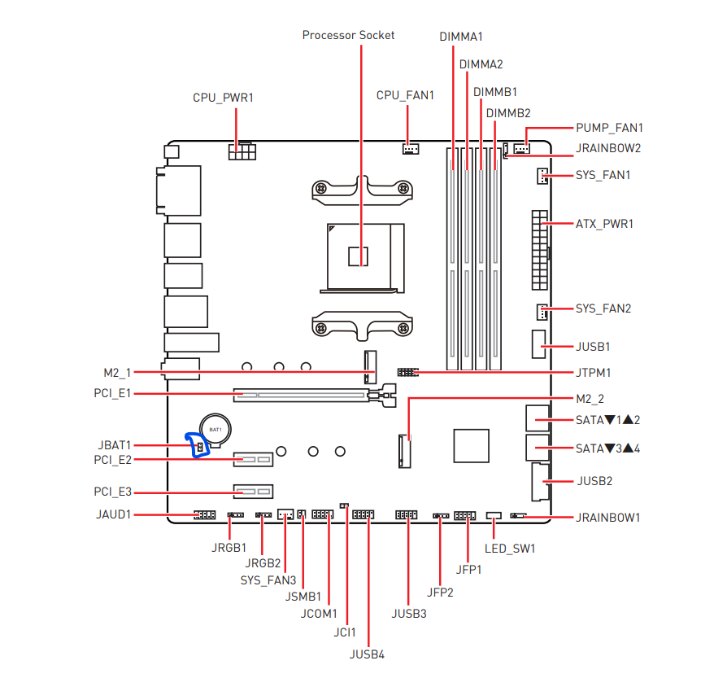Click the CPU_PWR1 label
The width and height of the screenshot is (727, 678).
pos(223,98)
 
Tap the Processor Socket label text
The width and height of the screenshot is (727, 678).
pos(348,35)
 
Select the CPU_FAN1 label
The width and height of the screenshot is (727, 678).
pos(405,95)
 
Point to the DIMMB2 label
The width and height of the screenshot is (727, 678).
pos(508,112)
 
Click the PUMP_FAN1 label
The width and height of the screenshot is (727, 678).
pos(609,128)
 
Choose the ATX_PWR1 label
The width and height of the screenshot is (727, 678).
pos(604,223)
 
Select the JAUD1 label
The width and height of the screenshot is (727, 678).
pos(115,515)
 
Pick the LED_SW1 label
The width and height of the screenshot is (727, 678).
pos(510,548)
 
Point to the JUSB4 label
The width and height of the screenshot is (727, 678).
pos(367,654)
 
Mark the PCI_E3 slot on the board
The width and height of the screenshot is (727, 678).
pos(254,492)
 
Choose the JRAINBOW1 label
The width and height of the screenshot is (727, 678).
pos(608,517)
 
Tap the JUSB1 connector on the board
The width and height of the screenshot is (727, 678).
pos(538,346)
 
